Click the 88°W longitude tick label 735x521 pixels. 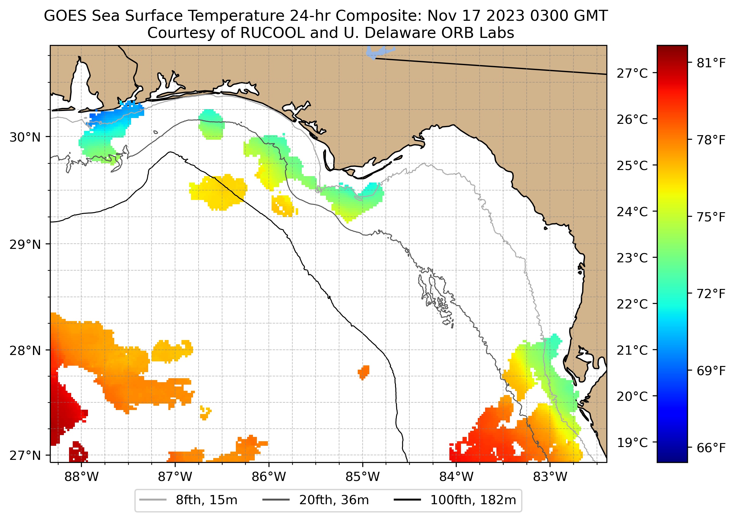pyautogui.click(x=82, y=477)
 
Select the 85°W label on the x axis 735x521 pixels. pyautogui.click(x=363, y=477)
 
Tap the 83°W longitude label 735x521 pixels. pyautogui.click(x=550, y=477)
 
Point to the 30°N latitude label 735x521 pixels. pyautogui.click(x=25, y=137)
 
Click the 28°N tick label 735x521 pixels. pyautogui.click(x=25, y=351)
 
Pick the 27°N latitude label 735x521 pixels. pyautogui.click(x=25, y=455)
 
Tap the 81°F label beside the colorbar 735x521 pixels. pyautogui.click(x=711, y=63)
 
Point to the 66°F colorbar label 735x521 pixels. pyautogui.click(x=711, y=448)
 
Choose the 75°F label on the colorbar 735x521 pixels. pyautogui.click(x=711, y=217)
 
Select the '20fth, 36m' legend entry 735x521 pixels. pyautogui.click(x=334, y=500)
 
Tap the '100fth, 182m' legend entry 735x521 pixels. pyautogui.click(x=473, y=500)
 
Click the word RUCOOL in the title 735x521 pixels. pyautogui.click(x=272, y=33)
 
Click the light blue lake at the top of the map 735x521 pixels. pyautogui.click(x=378, y=52)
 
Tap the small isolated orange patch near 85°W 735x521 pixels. pyautogui.click(x=364, y=372)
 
